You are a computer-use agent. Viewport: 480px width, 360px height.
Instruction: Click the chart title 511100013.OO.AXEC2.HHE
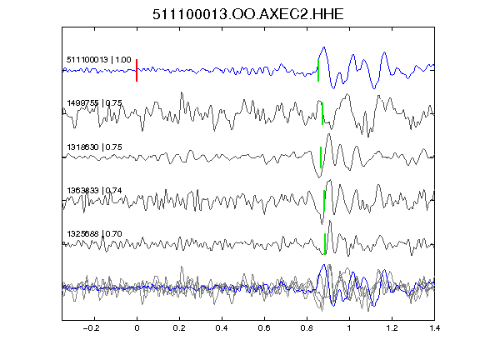pos(248,14)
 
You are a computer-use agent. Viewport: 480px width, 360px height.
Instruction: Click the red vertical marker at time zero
pos(137,70)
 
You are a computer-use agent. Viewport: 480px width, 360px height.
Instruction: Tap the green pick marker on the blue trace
pos(318,70)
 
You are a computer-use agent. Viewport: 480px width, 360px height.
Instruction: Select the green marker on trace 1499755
pos(322,113)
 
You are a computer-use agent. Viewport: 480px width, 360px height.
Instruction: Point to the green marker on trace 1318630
pos(321,157)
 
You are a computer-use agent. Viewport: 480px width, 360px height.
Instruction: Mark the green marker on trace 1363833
pos(324,201)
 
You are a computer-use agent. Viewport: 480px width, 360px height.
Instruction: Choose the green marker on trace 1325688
pos(325,244)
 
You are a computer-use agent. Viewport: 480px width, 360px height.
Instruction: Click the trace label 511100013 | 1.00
pos(99,59)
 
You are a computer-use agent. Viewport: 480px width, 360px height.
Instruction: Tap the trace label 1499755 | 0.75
pos(95,103)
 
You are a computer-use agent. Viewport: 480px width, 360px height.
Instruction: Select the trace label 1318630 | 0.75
pos(95,147)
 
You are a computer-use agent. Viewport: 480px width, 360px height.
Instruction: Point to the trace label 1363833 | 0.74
pos(95,191)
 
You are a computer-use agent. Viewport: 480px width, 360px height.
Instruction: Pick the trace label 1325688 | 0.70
pos(95,234)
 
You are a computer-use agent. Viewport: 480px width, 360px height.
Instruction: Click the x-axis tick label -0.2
pos(91,328)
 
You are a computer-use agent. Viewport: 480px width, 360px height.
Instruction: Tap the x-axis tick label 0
pos(137,328)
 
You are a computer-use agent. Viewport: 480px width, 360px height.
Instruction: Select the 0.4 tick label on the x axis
pos(222,328)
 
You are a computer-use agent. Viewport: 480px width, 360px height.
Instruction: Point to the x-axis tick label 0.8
pos(307,328)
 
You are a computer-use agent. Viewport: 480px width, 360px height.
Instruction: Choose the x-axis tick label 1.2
pos(392,328)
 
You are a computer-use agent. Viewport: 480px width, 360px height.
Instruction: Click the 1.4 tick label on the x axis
pos(434,328)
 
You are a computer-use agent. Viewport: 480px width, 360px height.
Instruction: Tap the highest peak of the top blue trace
pos(324,47)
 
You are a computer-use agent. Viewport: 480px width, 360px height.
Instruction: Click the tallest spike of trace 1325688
pos(330,221)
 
